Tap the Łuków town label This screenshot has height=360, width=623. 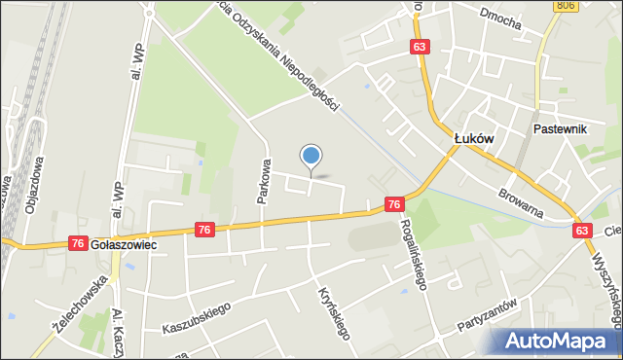[x=475, y=139]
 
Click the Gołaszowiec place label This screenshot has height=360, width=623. [x=124, y=246]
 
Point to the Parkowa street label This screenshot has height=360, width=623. [x=263, y=181]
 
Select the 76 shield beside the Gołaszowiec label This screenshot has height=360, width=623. [x=78, y=243]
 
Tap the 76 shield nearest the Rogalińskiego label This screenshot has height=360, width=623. [x=393, y=204]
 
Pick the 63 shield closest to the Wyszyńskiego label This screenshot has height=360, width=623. [x=582, y=230]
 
